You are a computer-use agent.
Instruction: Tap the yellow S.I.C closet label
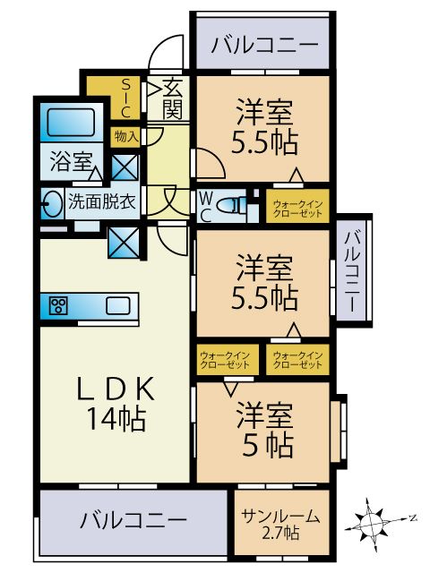point(126,98)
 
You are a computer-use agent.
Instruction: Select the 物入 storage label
point(125,137)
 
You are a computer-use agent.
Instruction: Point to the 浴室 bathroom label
point(72,163)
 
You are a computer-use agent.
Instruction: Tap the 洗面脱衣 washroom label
point(101,201)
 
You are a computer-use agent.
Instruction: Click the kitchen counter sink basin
point(117,306)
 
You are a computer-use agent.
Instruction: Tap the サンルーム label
point(281,516)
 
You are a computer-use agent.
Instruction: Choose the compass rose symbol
point(377,518)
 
